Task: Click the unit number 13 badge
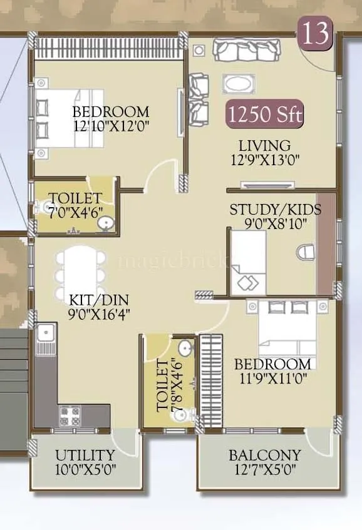coord(316,33)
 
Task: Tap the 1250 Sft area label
coord(265,115)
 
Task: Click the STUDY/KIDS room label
coord(275,210)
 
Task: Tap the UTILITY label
coord(85,455)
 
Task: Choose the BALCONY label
coord(264,455)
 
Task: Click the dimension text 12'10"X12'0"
coord(111,125)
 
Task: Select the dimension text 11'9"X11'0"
coord(272,377)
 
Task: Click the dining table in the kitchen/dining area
coord(80,275)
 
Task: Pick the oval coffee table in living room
coord(237,83)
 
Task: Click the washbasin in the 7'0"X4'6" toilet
coord(106,222)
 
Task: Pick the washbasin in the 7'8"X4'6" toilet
coord(185,348)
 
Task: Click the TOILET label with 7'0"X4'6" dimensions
coord(75,198)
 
